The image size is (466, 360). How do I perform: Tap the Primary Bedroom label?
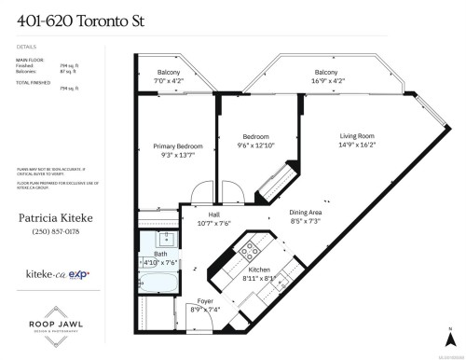pyautogui.click(x=177, y=146)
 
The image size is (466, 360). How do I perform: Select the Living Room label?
pyautogui.click(x=359, y=137)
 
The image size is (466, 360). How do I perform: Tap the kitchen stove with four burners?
pyautogui.click(x=251, y=250)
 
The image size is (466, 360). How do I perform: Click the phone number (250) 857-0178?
pyautogui.click(x=58, y=231)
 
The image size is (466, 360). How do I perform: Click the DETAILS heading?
pyautogui.click(x=25, y=44)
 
